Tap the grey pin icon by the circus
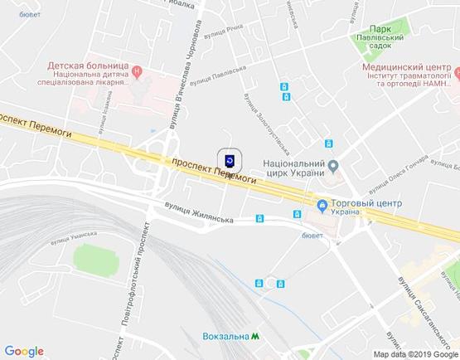(333, 164)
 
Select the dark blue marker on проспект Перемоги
(230, 159)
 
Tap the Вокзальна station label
(225, 336)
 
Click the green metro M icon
(256, 336)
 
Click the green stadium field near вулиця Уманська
(95, 258)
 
